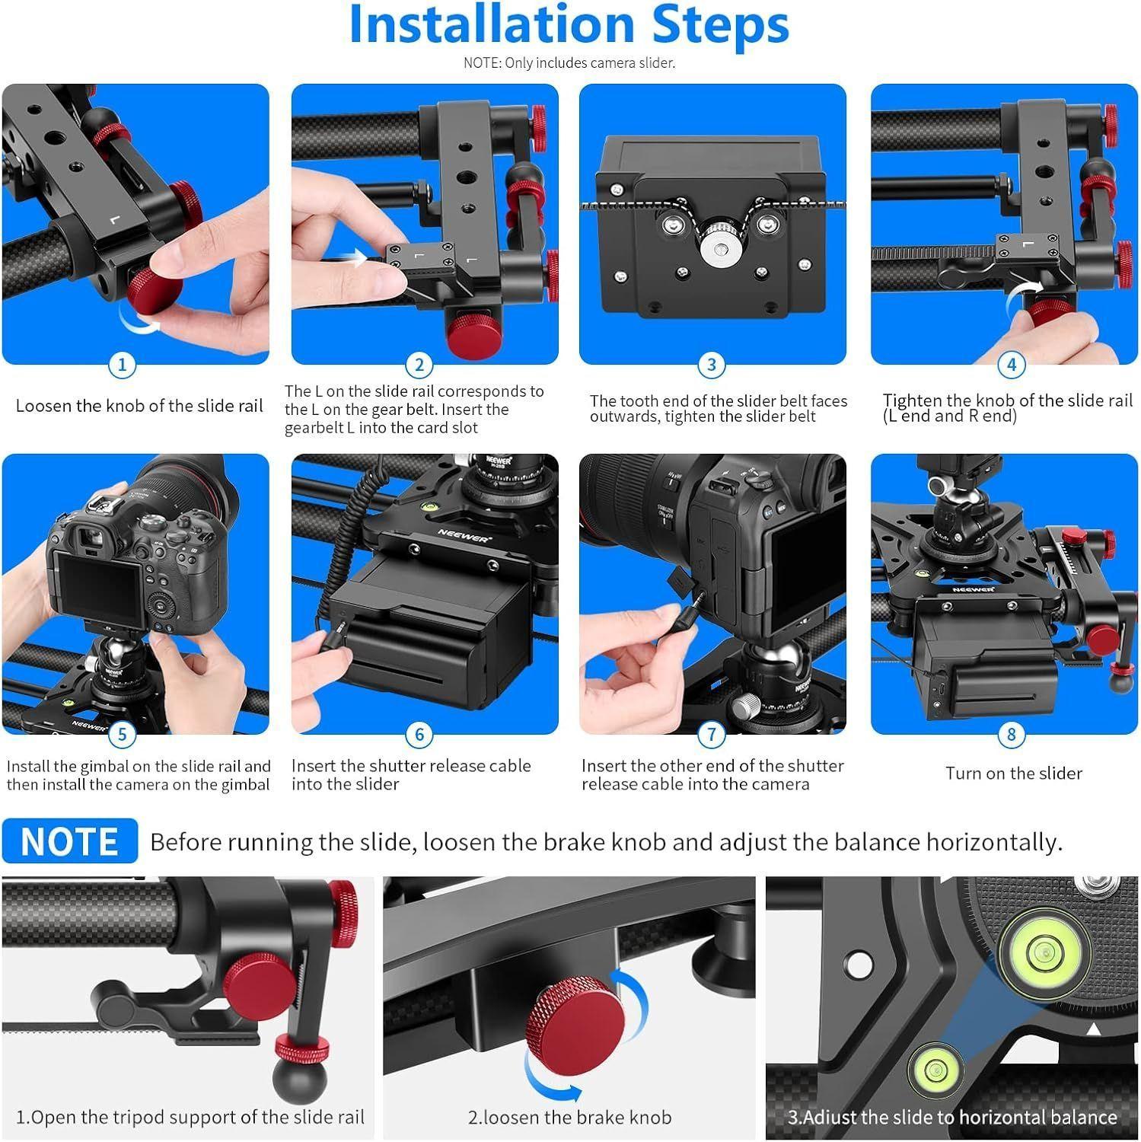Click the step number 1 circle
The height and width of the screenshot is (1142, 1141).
[123, 365]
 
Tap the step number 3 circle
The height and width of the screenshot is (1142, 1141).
[711, 365]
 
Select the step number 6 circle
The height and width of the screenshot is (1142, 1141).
[419, 735]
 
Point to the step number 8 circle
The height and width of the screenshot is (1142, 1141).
[1011, 735]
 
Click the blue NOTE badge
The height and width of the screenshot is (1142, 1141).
[70, 841]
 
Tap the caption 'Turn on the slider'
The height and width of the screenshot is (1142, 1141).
[1013, 774]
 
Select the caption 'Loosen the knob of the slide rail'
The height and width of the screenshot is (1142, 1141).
[139, 406]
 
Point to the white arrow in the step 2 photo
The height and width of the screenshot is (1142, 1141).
[354, 259]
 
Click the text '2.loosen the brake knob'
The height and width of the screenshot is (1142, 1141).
[569, 1118]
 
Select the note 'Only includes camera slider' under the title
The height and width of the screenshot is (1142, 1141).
[569, 63]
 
